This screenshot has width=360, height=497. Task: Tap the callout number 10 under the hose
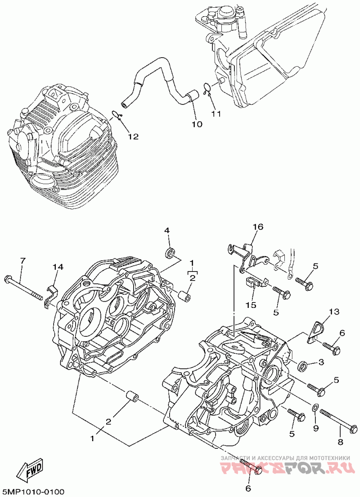pos(197,123)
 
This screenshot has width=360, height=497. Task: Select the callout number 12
pos(133,136)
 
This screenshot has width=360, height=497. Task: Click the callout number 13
pos(333,312)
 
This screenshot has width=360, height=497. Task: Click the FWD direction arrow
pos(30,471)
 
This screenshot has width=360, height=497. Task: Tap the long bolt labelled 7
pos(25,288)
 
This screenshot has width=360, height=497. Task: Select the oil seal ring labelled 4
pos(171,253)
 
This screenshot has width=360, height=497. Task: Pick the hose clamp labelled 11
pos(207,88)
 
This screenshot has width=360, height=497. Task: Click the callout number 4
pos(166,230)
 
